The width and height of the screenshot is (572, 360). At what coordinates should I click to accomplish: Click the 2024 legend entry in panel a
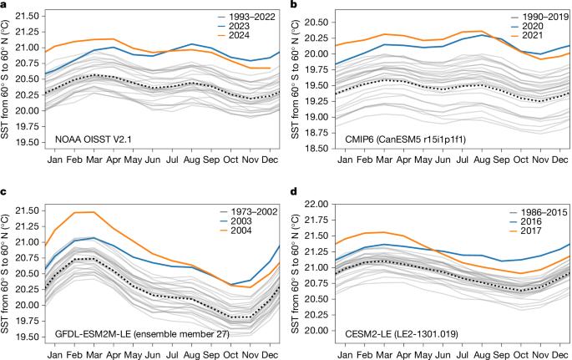234,35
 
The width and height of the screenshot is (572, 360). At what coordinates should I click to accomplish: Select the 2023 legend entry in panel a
234,26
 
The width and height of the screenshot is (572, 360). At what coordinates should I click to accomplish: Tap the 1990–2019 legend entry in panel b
539,17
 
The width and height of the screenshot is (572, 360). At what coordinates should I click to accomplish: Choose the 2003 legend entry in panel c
235,221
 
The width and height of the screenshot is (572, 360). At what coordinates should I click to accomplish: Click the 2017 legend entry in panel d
525,231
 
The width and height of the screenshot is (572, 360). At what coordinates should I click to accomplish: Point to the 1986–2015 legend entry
538,212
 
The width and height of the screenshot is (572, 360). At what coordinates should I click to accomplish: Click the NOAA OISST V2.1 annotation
92,139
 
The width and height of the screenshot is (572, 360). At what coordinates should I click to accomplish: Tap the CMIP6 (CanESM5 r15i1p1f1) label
405,139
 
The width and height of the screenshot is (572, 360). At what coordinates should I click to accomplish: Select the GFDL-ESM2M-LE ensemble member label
142,334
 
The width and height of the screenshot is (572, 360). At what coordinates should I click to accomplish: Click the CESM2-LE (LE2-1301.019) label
402,334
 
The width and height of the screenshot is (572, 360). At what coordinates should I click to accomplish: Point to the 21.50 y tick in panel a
28,16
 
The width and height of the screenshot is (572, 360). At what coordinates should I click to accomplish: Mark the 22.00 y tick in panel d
317,205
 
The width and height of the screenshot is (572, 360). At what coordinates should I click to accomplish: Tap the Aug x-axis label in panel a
191,160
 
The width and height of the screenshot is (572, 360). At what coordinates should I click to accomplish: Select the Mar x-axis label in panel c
94,354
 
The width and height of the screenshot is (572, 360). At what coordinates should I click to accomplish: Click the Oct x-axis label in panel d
520,354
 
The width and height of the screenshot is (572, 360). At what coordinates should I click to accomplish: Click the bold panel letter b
292,4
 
